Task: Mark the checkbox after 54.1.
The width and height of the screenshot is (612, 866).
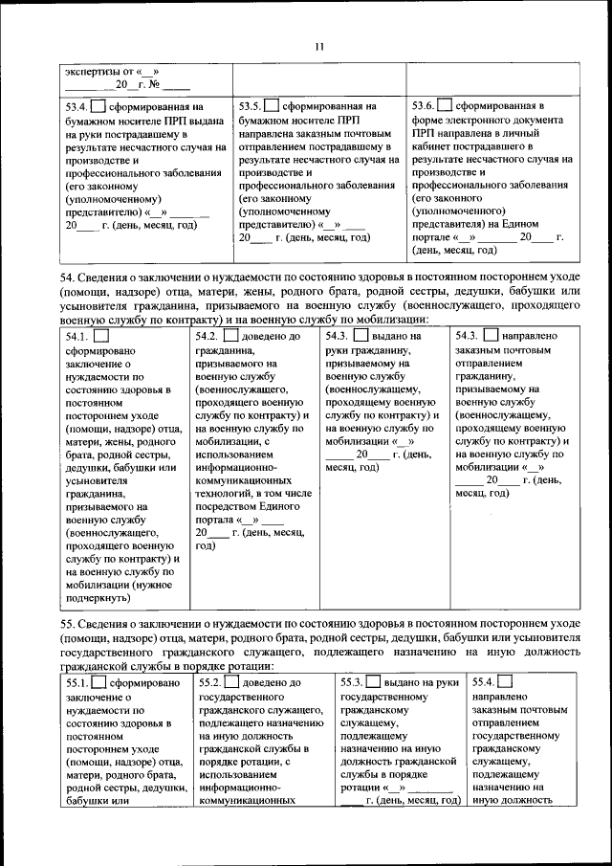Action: coord(101,336)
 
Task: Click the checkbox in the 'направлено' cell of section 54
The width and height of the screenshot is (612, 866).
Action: coord(491,336)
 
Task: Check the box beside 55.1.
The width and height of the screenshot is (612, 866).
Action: coord(100,683)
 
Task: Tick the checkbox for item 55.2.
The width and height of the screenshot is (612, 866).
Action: coord(233,682)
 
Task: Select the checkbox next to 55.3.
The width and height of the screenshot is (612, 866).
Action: coord(373,682)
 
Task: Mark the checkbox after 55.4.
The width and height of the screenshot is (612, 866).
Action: coord(504,682)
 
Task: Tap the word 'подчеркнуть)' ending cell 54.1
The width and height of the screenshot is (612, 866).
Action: coord(98,598)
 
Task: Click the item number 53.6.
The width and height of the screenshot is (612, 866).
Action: coord(426,105)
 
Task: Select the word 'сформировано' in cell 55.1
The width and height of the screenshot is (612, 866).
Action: coord(144,684)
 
